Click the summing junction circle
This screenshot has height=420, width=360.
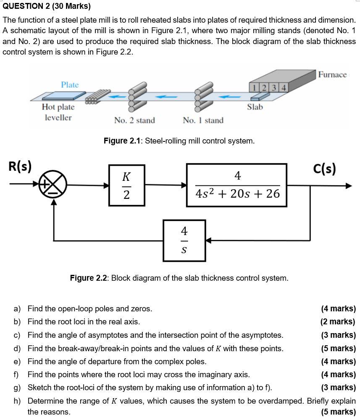(x=53, y=185)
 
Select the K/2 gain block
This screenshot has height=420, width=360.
(x=126, y=185)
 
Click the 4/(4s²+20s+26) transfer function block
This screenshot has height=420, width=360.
(x=237, y=185)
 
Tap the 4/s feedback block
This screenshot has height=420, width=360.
(x=184, y=240)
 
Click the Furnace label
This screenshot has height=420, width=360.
(x=332, y=75)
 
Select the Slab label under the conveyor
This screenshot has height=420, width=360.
(x=255, y=107)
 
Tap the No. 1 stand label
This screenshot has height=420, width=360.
(x=203, y=120)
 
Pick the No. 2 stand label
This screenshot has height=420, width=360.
(x=134, y=120)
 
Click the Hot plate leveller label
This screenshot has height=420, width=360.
(x=58, y=112)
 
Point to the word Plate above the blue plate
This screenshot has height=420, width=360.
(x=70, y=85)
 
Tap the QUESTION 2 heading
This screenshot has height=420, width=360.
(x=46, y=6)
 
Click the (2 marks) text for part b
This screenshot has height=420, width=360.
(x=337, y=322)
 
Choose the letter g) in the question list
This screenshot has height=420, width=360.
(x=17, y=387)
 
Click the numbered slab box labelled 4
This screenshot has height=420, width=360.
(x=284, y=88)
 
